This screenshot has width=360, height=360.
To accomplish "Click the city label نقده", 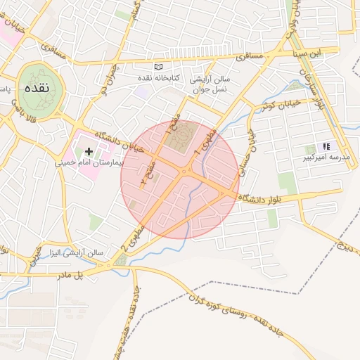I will point(35,89).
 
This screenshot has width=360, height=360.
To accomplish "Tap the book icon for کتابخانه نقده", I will point(158,66).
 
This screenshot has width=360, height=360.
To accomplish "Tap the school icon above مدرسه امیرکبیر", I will point(326,146).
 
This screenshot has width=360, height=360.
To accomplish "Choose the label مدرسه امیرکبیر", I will point(321,158).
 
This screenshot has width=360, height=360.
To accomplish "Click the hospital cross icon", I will point(89,151).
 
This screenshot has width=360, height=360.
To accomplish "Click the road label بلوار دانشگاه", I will point(266,198).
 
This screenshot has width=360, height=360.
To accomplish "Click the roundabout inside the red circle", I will point(186,171).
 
